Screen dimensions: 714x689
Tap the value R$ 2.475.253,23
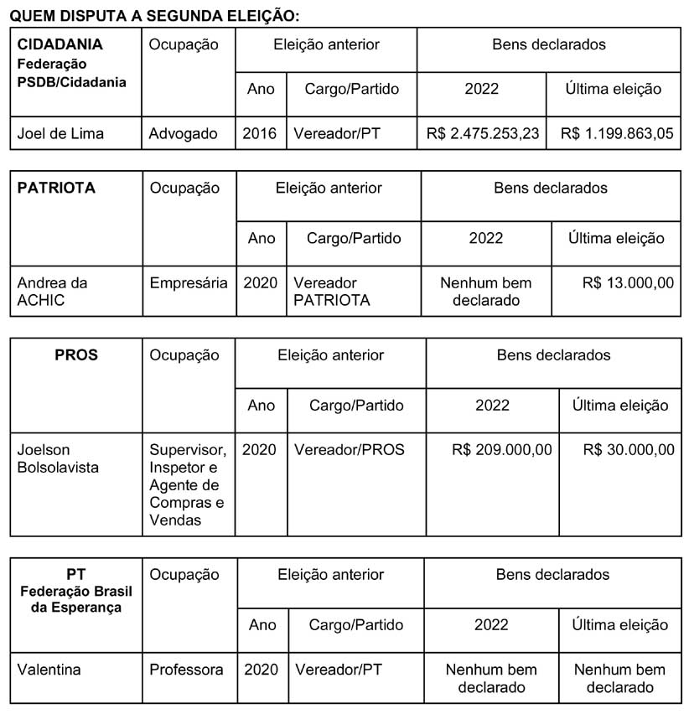point(482,133)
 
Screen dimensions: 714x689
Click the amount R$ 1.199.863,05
point(616,133)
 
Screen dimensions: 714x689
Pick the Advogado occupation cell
point(184,133)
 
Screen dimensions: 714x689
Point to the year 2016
point(260,133)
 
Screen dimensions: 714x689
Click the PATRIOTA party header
point(57,189)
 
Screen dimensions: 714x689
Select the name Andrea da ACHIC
point(53,292)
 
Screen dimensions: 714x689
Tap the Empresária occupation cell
point(189,283)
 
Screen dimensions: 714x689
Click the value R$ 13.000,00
point(628,283)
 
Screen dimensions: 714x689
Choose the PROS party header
point(75,355)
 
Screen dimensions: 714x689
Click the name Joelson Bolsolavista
point(58,458)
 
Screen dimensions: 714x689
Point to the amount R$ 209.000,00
point(501,450)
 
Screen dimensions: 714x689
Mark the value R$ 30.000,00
point(629,450)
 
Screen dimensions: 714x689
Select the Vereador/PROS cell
point(350,450)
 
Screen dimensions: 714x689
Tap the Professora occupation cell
point(187,670)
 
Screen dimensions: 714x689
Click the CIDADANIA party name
point(60,44)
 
